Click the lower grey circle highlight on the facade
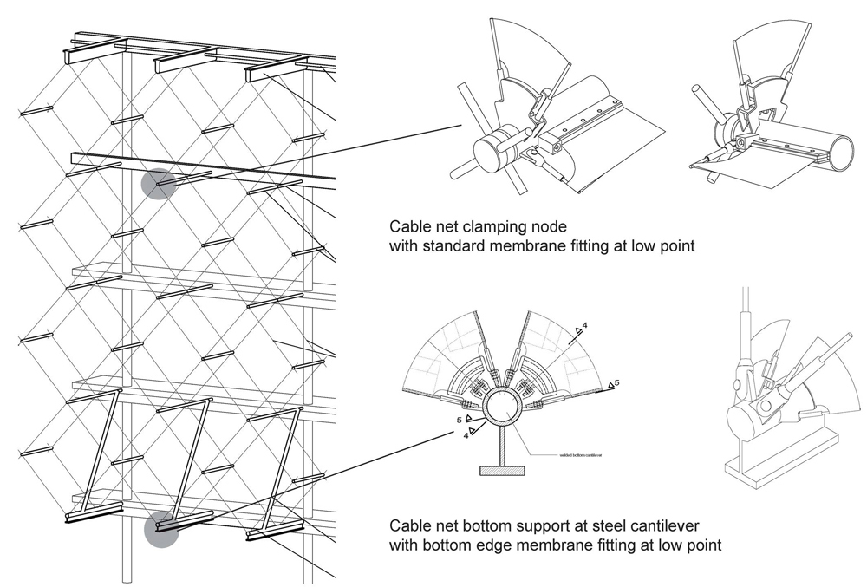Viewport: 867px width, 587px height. [x=161, y=529]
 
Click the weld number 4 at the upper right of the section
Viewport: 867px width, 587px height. [x=585, y=326]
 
